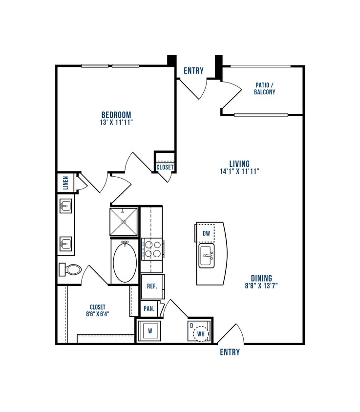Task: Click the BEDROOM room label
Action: coord(116,115)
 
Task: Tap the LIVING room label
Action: coord(239,164)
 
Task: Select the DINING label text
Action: coord(261,278)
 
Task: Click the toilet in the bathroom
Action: coord(70,269)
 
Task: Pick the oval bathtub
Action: coord(125,262)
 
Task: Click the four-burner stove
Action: coord(151,247)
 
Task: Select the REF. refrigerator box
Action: coord(152,286)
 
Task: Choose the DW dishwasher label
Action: coord(207,234)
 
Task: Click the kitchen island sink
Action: coord(207,255)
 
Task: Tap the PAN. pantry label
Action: coord(149,309)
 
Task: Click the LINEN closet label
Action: coord(65,183)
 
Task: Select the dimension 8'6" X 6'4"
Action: coord(98,314)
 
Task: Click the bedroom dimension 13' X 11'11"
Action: coord(116,123)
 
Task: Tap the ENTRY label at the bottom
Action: coord(230,352)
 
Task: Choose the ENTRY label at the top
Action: coord(193,71)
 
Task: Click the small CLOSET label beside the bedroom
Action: coord(165,167)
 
